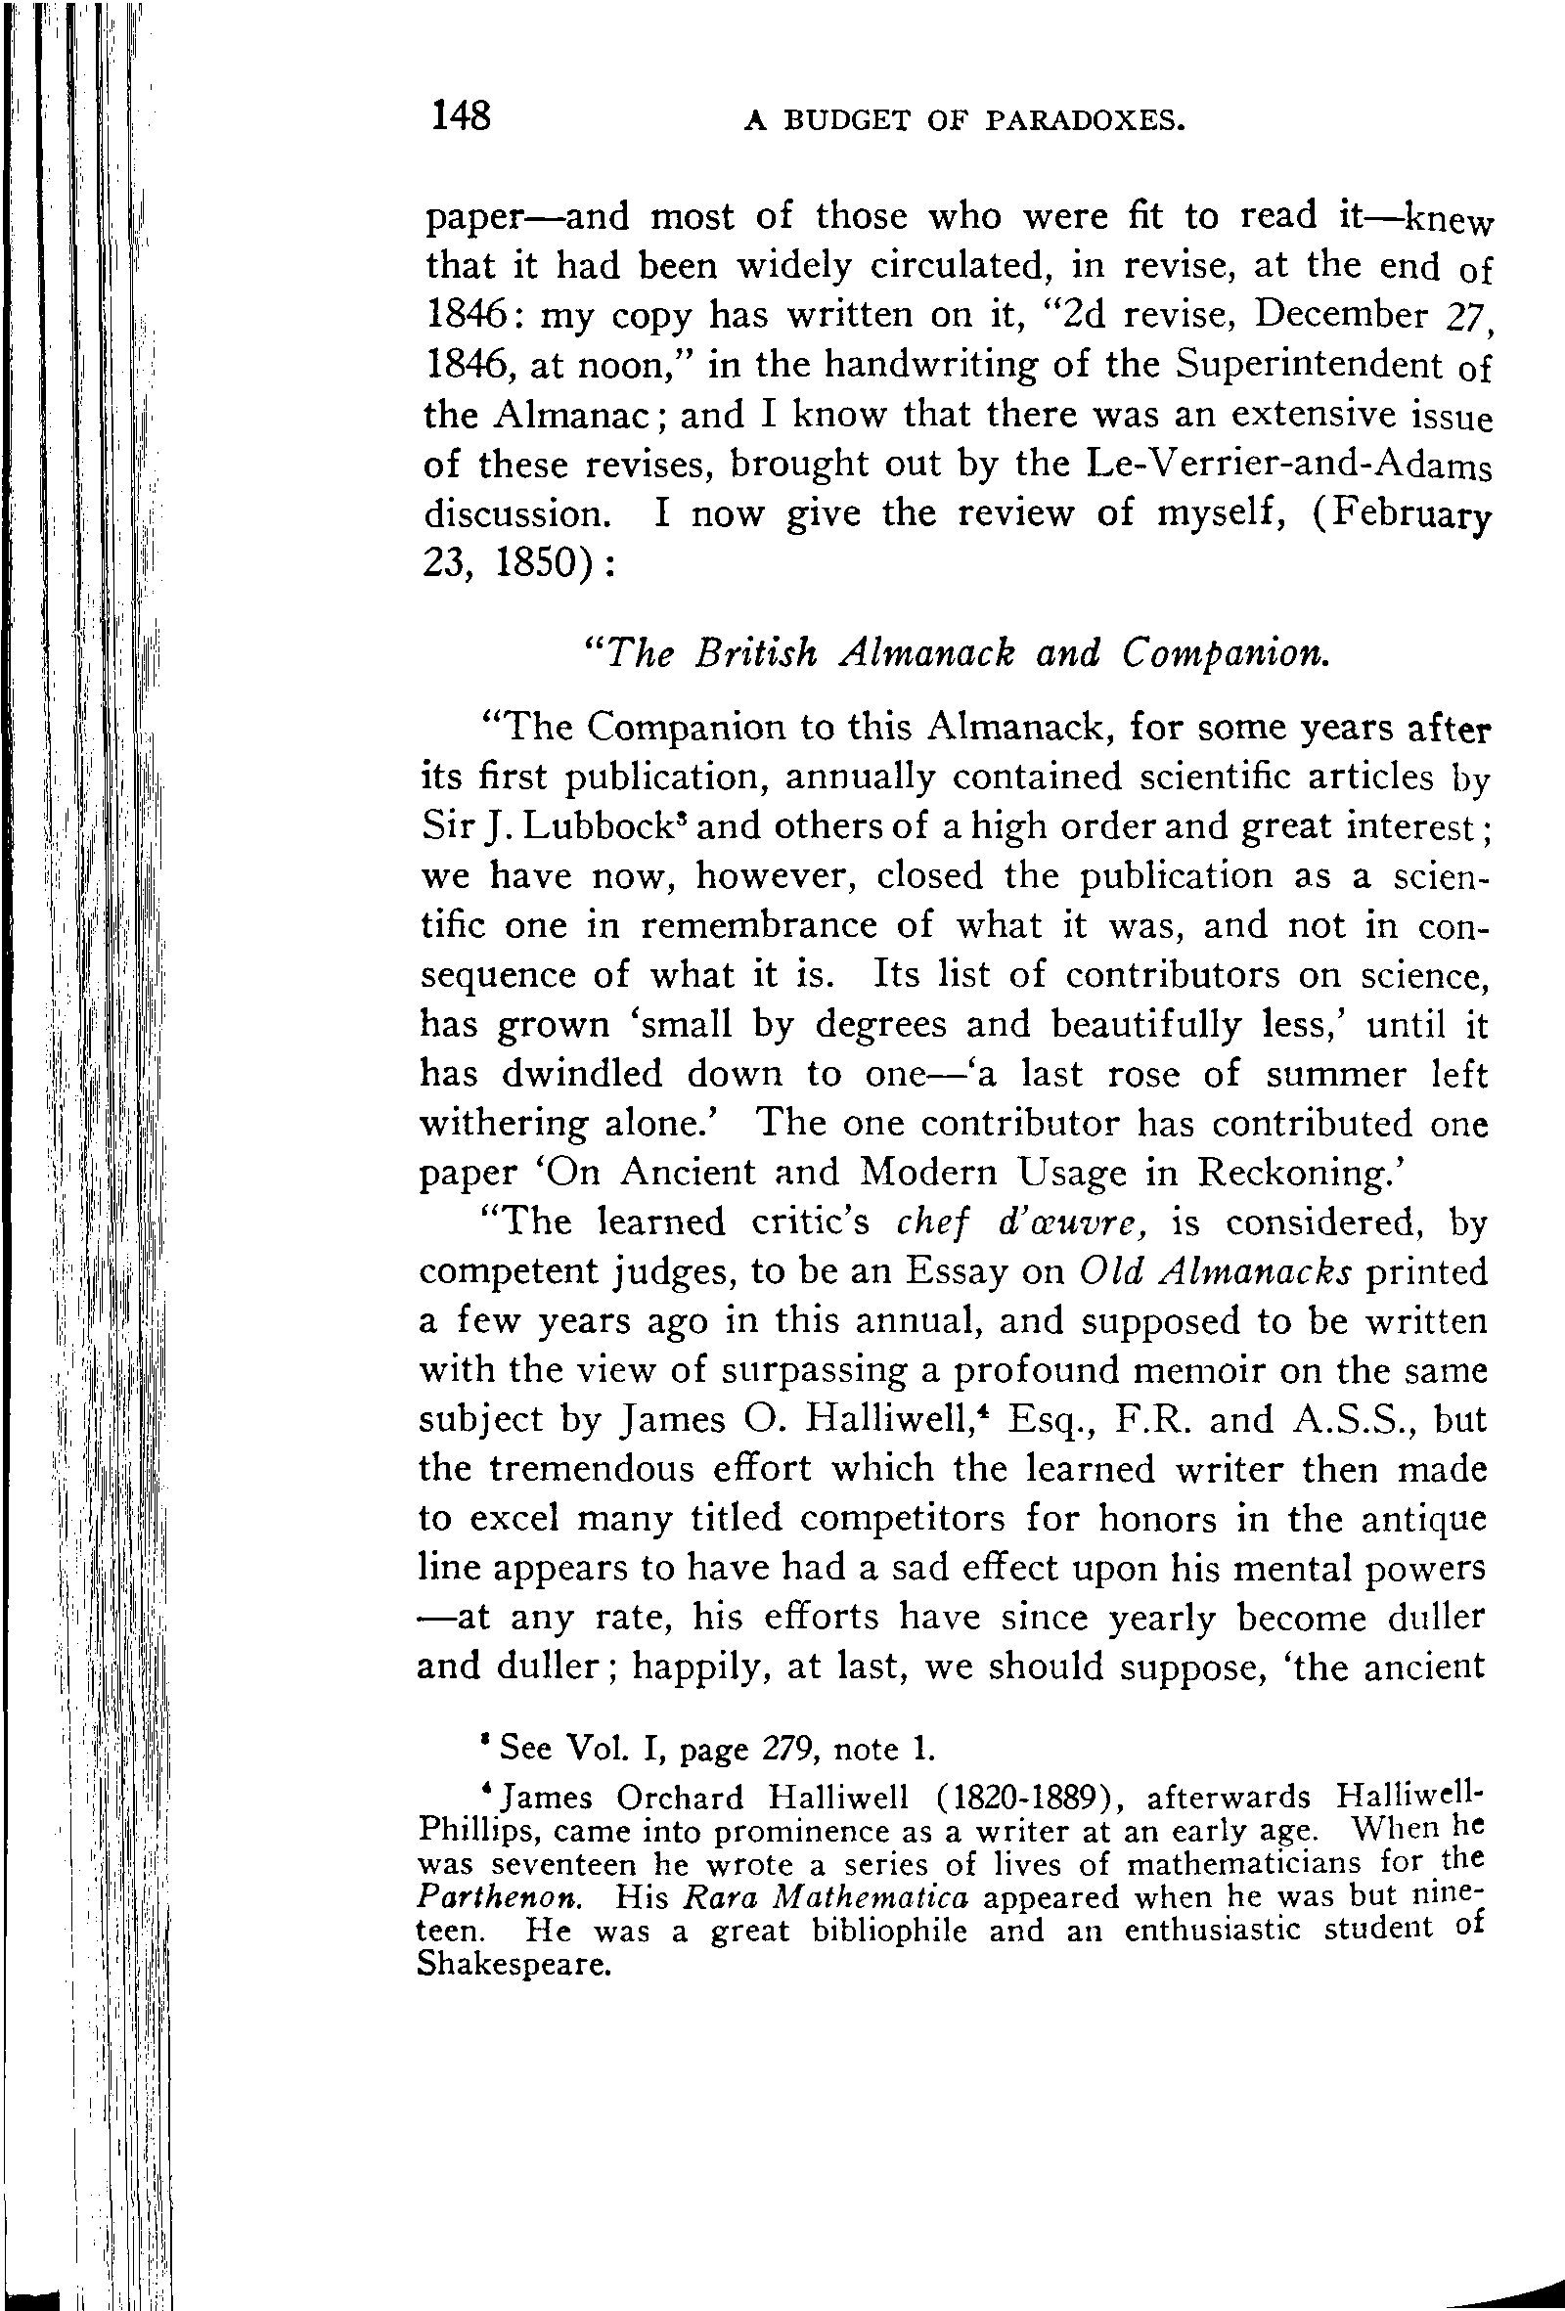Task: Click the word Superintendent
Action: (x=1311, y=365)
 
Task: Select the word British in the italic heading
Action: (x=757, y=652)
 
